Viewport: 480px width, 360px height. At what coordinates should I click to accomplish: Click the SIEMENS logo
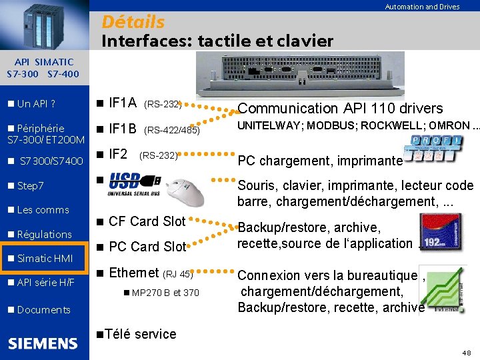[43, 343]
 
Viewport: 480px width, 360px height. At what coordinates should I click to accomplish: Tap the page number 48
[465, 351]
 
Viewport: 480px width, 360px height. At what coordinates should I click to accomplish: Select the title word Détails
[133, 22]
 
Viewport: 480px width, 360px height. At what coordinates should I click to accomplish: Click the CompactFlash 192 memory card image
[439, 231]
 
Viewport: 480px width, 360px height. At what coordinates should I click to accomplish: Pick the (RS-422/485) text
[171, 130]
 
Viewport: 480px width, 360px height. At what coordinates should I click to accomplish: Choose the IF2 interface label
[118, 154]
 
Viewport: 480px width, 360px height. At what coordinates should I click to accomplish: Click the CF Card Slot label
[147, 221]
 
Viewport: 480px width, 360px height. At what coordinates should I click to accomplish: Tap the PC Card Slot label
[147, 247]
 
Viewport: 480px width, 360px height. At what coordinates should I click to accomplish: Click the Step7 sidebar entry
[30, 185]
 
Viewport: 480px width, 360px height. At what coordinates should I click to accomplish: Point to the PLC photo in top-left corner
[44, 24]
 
